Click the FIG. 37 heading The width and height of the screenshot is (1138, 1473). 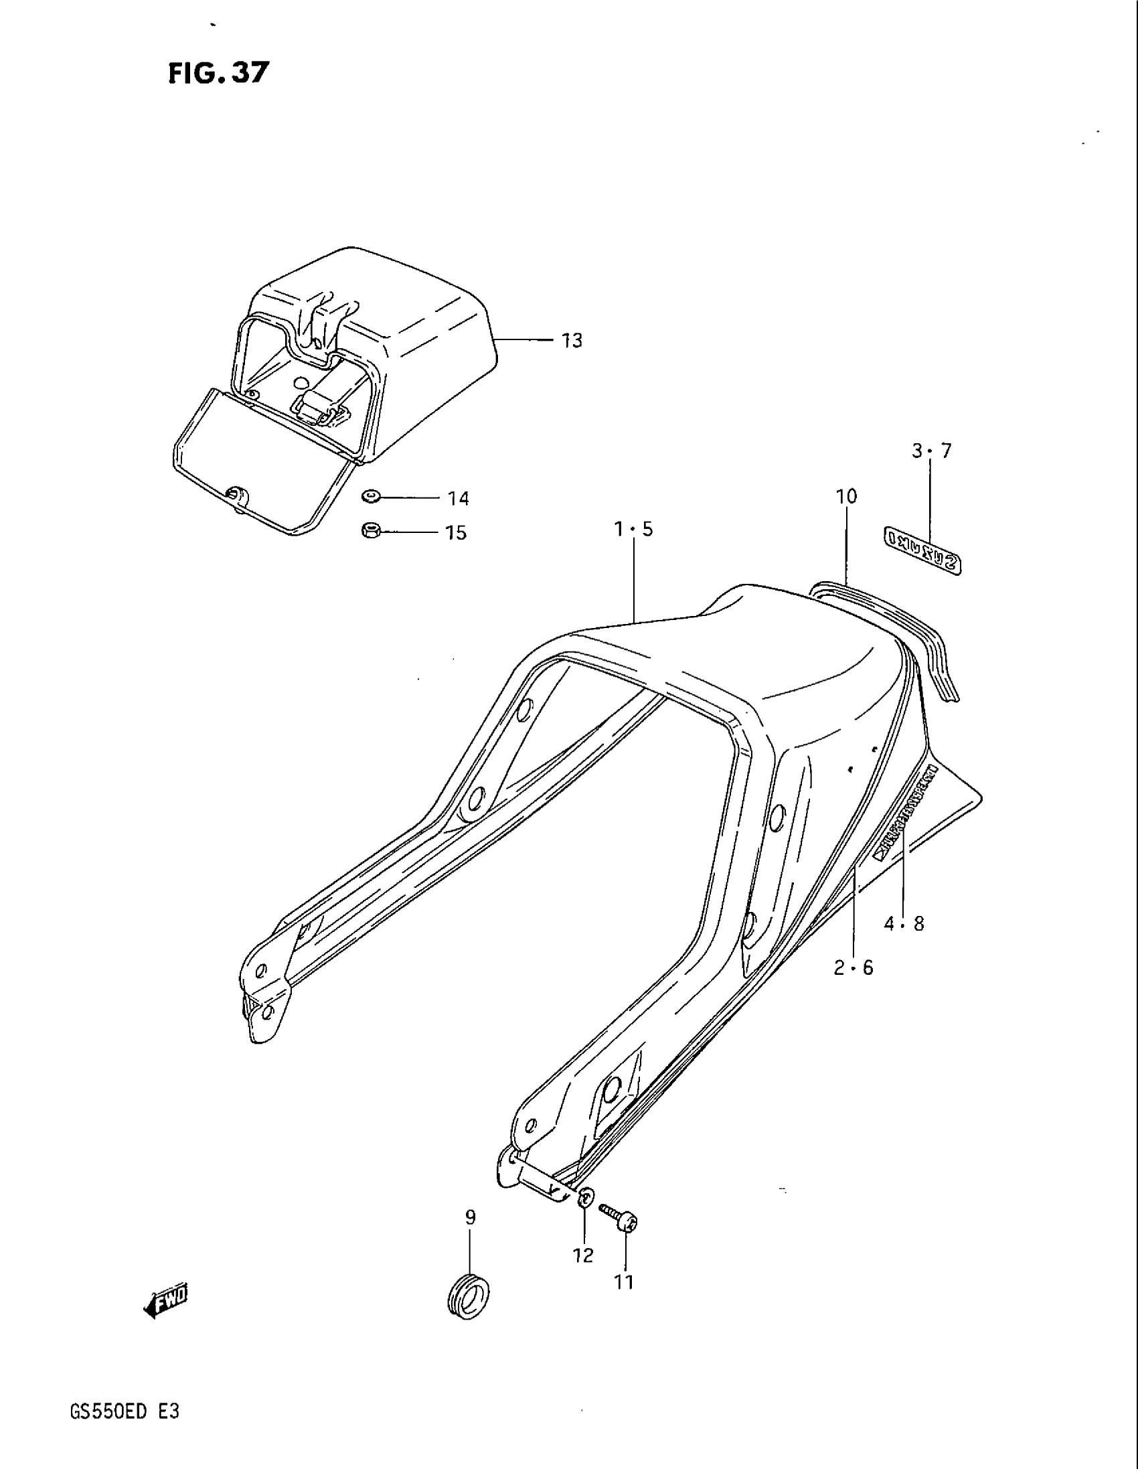coord(218,73)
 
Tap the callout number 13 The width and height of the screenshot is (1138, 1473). coord(572,341)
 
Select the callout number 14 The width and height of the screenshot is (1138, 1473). coord(458,499)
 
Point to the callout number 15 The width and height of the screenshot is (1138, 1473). coord(457,534)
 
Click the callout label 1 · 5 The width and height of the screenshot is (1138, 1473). coord(633,530)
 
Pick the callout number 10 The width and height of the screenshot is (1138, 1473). coord(846,497)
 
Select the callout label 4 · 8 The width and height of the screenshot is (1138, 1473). coord(904,925)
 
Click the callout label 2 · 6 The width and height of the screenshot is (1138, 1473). coord(853,969)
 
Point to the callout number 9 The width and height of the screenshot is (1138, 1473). coord(470,1217)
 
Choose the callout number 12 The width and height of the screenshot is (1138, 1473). coord(584,1256)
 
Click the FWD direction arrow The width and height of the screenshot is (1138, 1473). coord(167,1306)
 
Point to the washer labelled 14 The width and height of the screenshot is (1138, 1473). coord(370,497)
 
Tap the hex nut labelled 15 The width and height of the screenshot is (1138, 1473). coord(370,531)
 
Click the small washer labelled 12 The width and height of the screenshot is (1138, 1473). coord(586,1198)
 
